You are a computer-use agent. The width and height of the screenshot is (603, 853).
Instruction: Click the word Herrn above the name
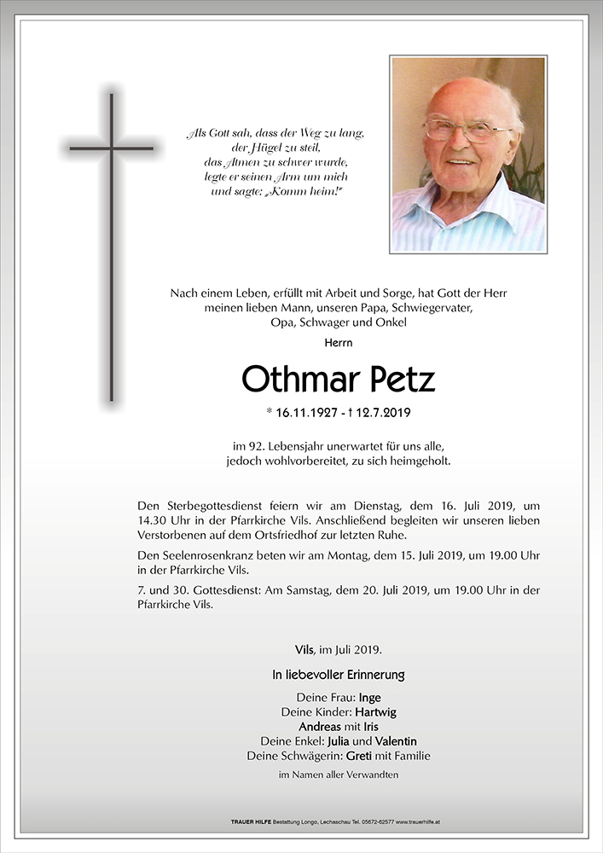(x=338, y=343)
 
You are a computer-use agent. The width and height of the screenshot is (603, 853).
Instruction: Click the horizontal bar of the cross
(x=111, y=148)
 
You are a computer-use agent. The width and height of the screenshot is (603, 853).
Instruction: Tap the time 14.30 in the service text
(x=153, y=520)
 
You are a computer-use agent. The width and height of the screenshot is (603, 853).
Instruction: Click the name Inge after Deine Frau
(x=369, y=698)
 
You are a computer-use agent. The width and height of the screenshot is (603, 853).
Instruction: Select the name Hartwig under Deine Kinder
(x=376, y=712)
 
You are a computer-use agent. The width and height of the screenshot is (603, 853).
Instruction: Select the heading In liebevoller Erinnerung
(x=338, y=675)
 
